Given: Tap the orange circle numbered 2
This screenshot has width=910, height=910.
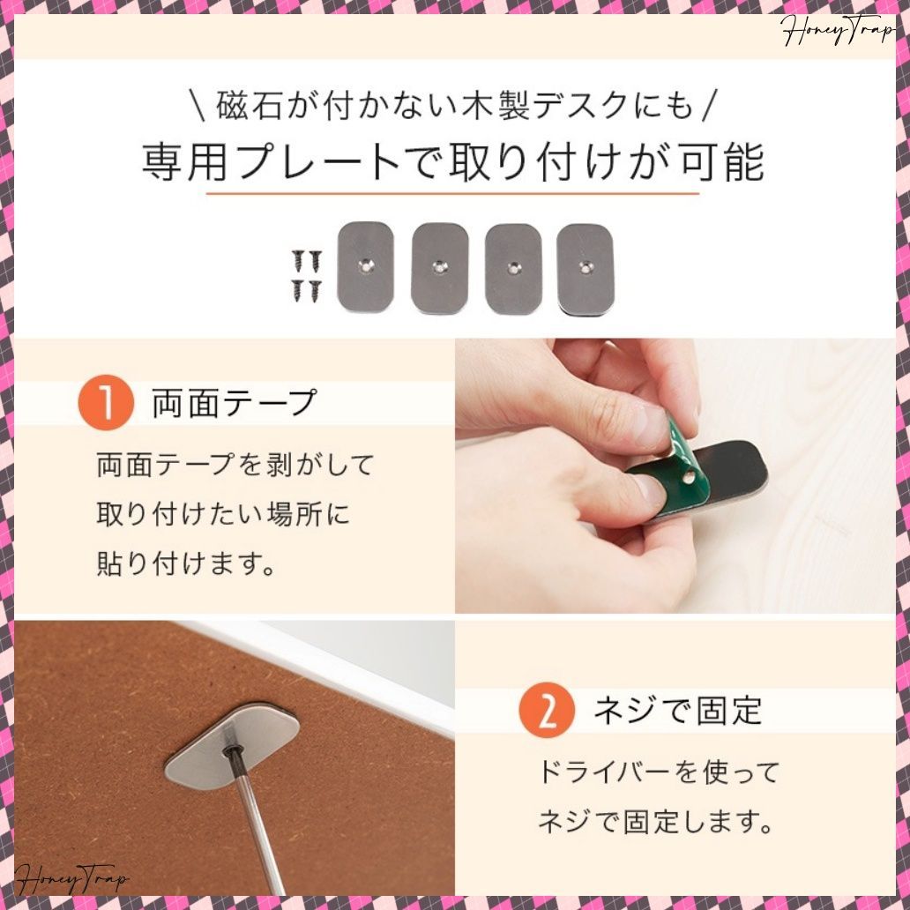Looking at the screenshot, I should [546, 711].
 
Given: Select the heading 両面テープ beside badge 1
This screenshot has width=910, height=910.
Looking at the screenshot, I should [234, 403].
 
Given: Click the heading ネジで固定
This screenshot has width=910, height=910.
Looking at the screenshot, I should [677, 711].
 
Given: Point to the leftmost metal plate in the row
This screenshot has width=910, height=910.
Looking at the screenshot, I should [365, 267].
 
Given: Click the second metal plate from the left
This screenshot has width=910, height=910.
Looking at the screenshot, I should [439, 267].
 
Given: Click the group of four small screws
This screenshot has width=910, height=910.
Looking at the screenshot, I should [307, 274].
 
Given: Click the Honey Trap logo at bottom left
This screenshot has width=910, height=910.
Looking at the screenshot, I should [71, 880].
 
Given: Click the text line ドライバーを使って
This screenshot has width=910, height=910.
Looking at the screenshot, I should [659, 773].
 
